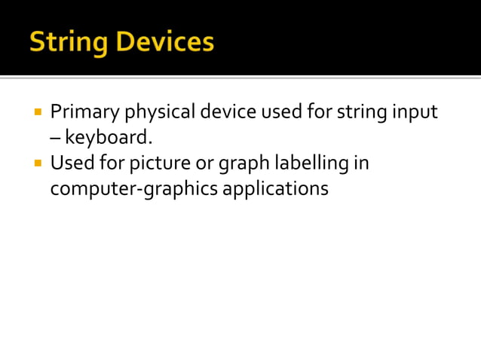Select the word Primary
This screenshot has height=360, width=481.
(84, 113)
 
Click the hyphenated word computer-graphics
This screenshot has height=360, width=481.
(133, 188)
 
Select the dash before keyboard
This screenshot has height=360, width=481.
(55, 139)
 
